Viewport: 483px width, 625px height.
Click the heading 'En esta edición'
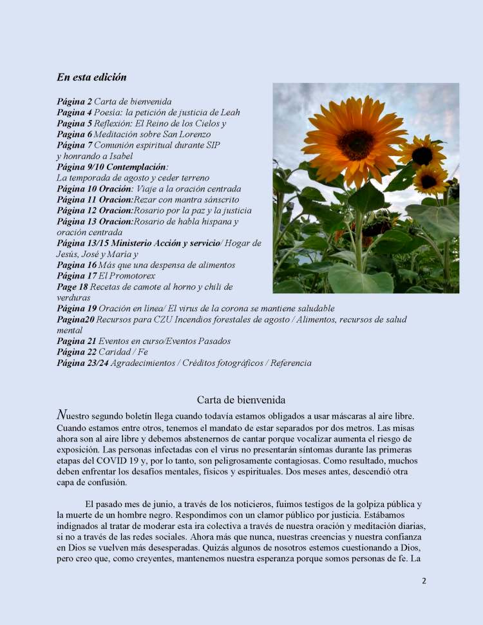click(91, 77)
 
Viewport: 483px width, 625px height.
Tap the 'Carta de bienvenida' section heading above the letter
click(241, 400)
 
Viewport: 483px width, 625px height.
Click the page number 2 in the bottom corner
click(424, 581)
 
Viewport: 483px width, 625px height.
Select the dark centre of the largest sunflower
click(355, 144)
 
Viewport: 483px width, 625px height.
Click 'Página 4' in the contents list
click(74, 113)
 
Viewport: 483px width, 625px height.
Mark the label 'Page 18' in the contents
click(72, 287)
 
